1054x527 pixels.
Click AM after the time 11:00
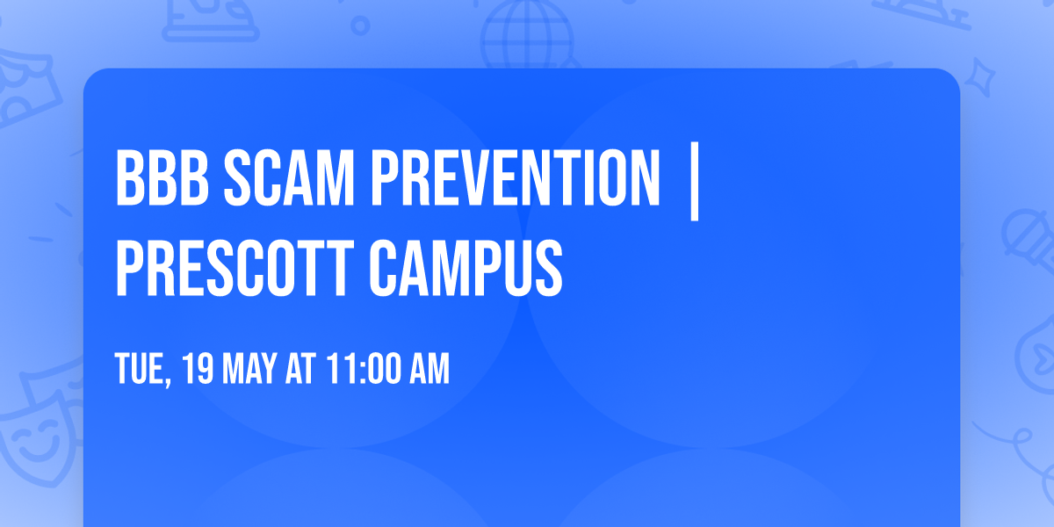pos(429,370)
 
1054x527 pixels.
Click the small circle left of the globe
pos(359,25)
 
